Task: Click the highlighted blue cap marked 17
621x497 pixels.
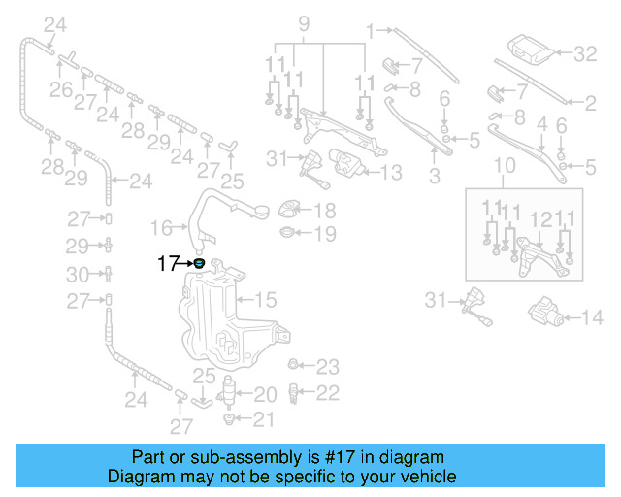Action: [199, 262]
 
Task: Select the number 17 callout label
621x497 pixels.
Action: [168, 262]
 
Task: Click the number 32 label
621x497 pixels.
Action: [584, 54]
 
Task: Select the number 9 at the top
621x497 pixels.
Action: [303, 22]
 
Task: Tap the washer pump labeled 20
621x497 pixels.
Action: [230, 393]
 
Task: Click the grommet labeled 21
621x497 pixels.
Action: [230, 419]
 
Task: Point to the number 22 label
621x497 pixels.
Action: [328, 392]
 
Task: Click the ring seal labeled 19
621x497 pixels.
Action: [288, 233]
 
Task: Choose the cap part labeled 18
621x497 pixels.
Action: [288, 210]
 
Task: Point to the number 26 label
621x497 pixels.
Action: [61, 90]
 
